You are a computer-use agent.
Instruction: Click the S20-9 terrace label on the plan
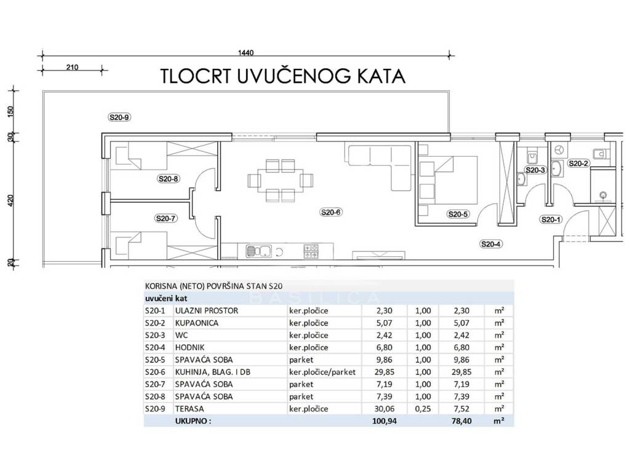click(119, 117)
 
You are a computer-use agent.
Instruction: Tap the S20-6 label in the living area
click(331, 212)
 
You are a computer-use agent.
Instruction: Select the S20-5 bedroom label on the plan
click(458, 214)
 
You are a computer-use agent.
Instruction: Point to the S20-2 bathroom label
click(578, 163)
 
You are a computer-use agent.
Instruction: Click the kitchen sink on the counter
click(258, 251)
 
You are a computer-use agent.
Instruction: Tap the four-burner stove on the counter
click(311, 251)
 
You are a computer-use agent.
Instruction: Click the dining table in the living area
click(280, 180)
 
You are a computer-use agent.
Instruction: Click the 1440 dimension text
click(245, 53)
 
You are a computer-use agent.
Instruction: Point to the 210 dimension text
click(73, 68)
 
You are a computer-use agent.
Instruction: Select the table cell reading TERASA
click(189, 409)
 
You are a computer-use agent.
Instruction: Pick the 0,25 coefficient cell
click(423, 409)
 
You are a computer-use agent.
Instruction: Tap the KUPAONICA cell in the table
click(196, 323)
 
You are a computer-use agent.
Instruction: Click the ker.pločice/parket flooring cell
click(322, 372)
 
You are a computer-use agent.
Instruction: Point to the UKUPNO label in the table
click(193, 421)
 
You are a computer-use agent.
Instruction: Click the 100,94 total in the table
click(384, 421)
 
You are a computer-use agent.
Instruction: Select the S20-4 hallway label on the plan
click(491, 244)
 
